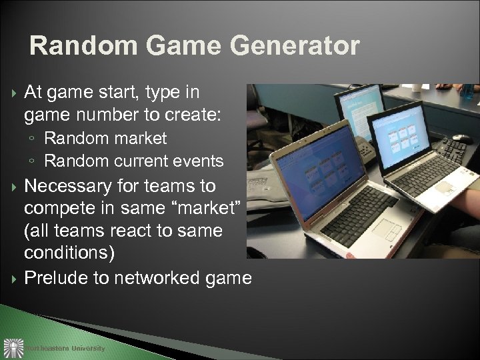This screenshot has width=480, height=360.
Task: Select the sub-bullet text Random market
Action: [105, 139]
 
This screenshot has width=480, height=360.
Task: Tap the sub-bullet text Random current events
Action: [133, 161]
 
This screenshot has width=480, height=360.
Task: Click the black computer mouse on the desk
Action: [462, 139]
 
